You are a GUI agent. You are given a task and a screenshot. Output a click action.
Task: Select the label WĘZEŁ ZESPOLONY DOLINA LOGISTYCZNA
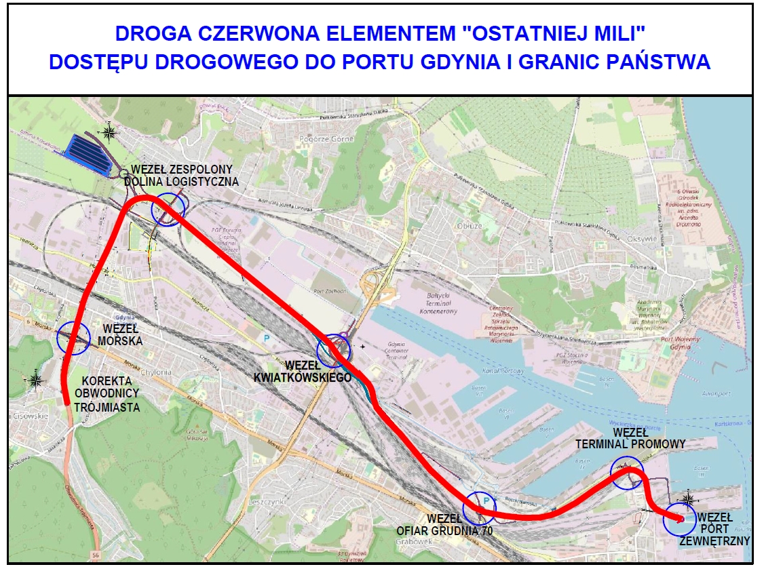(185, 175)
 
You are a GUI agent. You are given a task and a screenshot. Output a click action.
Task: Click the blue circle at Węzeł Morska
(74, 336)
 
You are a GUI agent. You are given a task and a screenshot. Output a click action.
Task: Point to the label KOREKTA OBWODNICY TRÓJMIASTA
(109, 393)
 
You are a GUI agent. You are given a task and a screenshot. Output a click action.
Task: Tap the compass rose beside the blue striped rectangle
(109, 132)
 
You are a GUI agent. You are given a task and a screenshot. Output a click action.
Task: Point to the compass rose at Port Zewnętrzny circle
(688, 499)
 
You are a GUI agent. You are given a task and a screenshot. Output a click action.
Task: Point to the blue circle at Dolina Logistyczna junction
(168, 210)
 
